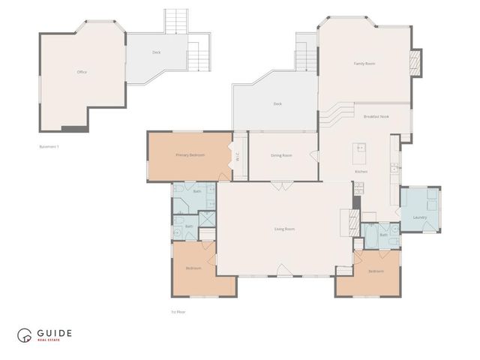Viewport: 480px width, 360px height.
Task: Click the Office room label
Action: pyautogui.click(x=82, y=72)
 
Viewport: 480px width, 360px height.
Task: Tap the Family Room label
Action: pyautogui.click(x=364, y=64)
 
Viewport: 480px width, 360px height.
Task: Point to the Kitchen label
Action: pyautogui.click(x=361, y=172)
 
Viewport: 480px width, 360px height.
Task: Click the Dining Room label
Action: pyautogui.click(x=281, y=155)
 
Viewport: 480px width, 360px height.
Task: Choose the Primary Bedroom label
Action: pyautogui.click(x=190, y=154)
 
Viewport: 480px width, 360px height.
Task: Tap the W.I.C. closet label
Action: pyautogui.click(x=237, y=157)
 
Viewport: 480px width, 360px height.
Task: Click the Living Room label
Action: pyautogui.click(x=284, y=228)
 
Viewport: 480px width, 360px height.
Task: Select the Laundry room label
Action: pyautogui.click(x=419, y=217)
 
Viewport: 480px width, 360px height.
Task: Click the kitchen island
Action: pyautogui.click(x=358, y=155)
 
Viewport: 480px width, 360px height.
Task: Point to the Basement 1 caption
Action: pyautogui.click(x=49, y=146)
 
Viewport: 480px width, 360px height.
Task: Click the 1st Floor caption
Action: pyautogui.click(x=178, y=310)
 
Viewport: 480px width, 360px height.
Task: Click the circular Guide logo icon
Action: pyautogui.click(x=25, y=335)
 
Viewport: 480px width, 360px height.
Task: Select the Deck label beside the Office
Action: pyautogui.click(x=156, y=52)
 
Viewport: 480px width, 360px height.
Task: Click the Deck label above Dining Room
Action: pyautogui.click(x=277, y=103)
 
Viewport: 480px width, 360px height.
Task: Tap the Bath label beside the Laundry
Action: pyautogui.click(x=383, y=235)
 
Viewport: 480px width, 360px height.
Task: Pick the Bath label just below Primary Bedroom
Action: pyautogui.click(x=197, y=191)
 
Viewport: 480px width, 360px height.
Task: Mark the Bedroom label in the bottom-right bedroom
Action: pyautogui.click(x=376, y=271)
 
